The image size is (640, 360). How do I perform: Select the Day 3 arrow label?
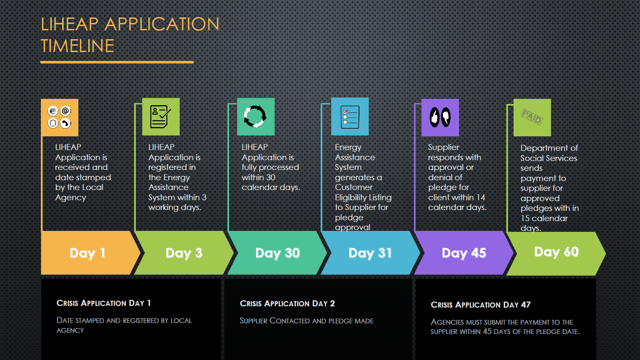tap(184, 253)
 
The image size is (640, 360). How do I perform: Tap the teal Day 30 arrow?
tap(277, 253)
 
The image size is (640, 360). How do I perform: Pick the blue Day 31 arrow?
tap(370, 253)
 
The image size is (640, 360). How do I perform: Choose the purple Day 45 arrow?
tap(464, 253)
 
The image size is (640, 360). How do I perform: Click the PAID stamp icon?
tap(532, 117)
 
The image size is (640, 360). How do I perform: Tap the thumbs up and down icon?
tap(440, 117)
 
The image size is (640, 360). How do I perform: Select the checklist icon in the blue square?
tap(350, 117)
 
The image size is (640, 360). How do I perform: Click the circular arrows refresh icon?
tap(255, 116)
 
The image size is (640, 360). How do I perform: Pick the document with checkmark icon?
tap(161, 117)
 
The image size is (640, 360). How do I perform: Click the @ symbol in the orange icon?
tap(66, 111)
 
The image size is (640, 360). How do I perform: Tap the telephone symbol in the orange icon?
tap(66, 123)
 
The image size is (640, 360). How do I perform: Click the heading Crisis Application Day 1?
tap(103, 303)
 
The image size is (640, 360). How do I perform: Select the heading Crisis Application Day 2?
tap(287, 303)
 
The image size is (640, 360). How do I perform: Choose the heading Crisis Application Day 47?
tap(481, 305)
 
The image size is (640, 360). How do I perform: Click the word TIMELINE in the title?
tap(77, 46)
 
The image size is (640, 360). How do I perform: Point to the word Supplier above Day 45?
tap(443, 147)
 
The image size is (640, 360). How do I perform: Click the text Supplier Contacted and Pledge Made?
tap(307, 321)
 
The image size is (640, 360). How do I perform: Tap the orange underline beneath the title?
tap(117, 62)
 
